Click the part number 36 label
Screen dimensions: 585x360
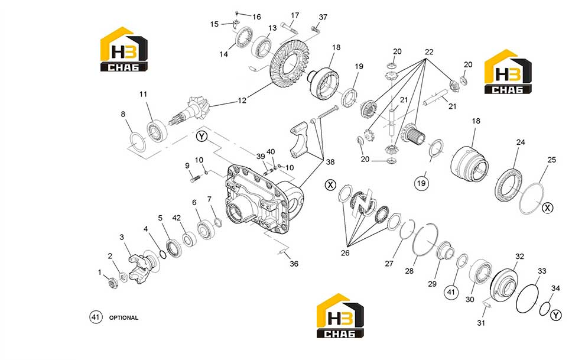point(294,264)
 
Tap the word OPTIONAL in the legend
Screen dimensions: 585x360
point(123,318)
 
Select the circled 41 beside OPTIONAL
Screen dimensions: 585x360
point(96,317)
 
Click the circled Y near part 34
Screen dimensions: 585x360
point(556,315)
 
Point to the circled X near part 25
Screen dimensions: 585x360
point(547,208)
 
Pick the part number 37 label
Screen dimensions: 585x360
point(323,17)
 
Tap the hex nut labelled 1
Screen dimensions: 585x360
point(112,283)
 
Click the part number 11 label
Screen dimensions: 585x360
point(143,94)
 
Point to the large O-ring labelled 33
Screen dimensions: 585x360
point(527,299)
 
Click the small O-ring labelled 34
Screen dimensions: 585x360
point(545,309)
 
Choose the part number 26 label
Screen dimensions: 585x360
point(345,252)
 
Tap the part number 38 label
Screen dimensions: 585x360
point(330,162)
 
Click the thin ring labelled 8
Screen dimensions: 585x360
point(138,142)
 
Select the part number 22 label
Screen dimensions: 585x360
point(429,52)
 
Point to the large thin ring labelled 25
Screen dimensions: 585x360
point(532,199)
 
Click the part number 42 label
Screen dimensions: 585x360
point(176,218)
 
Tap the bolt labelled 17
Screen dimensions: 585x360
point(289,27)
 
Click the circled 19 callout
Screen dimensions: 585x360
point(421,183)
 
